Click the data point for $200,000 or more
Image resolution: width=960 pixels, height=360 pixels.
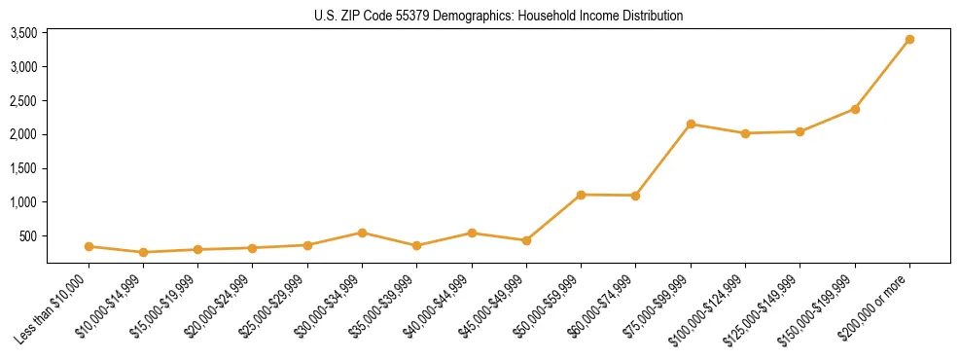(x=909, y=40)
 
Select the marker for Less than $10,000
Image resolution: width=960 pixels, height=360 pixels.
(x=89, y=247)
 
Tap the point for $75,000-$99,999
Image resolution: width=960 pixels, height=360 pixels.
(x=691, y=125)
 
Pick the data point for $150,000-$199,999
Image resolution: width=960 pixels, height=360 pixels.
(x=855, y=109)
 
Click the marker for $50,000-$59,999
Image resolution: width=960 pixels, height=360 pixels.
(x=581, y=195)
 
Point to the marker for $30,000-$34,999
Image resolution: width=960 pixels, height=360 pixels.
(x=362, y=233)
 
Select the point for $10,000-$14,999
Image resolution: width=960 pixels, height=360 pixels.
(x=143, y=253)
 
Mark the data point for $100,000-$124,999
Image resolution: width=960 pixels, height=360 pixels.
(x=745, y=133)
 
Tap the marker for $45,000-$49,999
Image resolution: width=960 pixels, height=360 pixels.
(x=526, y=240)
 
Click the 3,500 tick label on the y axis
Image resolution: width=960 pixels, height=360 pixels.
(x=23, y=33)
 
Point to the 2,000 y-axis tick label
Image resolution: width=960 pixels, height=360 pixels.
(x=23, y=134)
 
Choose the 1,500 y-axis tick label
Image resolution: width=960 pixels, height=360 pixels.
(x=23, y=168)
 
